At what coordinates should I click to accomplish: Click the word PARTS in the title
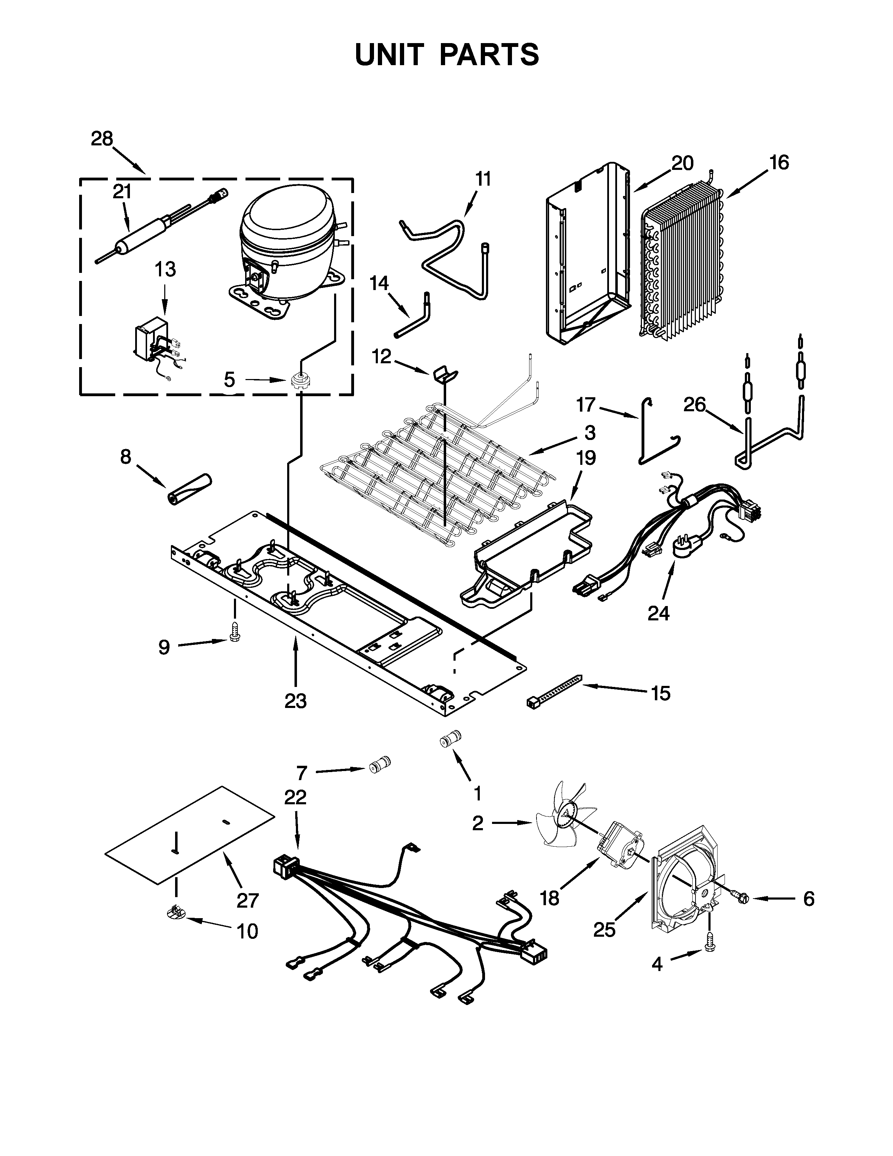489,55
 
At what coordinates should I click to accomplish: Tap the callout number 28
102,139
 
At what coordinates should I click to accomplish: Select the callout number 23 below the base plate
295,701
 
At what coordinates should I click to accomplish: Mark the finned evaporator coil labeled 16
683,262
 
